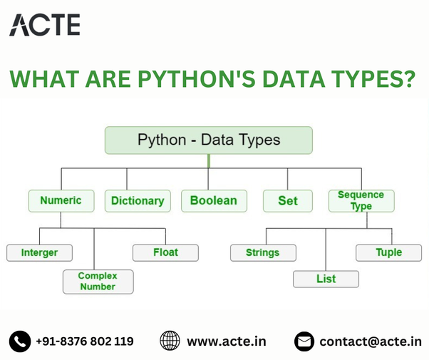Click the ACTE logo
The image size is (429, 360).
click(x=44, y=24)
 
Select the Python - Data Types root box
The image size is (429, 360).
click(x=208, y=140)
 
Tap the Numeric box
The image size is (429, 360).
click(x=61, y=200)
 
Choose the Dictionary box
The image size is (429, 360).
click(x=138, y=201)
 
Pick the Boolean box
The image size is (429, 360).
click(x=214, y=201)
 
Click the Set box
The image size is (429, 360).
click(x=288, y=201)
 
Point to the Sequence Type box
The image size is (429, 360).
click(x=361, y=200)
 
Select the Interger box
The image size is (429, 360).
click(x=39, y=252)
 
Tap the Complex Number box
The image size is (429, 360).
click(x=98, y=281)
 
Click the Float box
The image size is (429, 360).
click(x=165, y=252)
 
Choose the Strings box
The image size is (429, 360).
click(x=262, y=252)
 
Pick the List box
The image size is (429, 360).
click(x=326, y=279)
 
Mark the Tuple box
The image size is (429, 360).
click(x=389, y=252)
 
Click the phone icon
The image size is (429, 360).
click(x=20, y=341)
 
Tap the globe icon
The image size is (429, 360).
click(x=170, y=341)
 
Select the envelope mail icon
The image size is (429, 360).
click(x=304, y=341)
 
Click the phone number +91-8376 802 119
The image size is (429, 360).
click(x=84, y=341)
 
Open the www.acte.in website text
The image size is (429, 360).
click(x=226, y=341)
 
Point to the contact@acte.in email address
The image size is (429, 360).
click(x=370, y=341)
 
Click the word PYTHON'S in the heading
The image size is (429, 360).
click(x=202, y=78)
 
